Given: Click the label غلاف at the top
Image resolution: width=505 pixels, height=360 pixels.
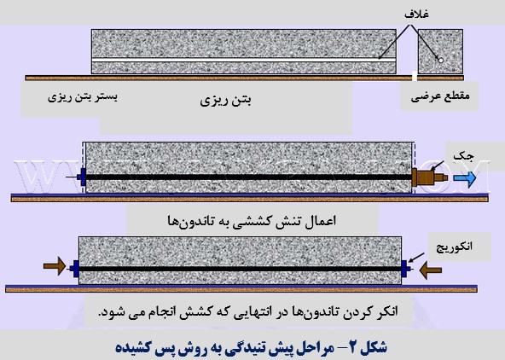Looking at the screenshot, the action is click(416, 15).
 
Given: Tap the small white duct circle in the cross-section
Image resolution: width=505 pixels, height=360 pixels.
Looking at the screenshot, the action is click(441, 60).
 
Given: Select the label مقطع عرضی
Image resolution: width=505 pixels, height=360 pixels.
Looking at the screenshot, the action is click(440, 96).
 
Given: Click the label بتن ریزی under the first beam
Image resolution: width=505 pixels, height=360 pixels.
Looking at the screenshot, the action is click(225, 102).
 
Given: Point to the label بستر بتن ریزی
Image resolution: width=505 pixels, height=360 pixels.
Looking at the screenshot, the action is click(83, 97).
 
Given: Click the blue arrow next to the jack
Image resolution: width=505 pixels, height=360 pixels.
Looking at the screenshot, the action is click(464, 178).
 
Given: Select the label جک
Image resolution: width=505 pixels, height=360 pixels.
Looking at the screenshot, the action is click(463, 157).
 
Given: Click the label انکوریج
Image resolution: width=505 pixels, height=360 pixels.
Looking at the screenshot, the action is click(454, 247).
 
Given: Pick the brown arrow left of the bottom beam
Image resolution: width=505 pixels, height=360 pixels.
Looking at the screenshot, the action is click(55, 266).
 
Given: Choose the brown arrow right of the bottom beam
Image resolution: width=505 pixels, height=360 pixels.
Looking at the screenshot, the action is click(431, 270).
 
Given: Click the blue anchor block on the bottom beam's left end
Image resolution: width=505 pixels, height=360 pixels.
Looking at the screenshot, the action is click(76, 269).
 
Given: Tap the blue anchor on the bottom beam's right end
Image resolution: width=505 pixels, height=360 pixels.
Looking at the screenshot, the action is click(404, 268).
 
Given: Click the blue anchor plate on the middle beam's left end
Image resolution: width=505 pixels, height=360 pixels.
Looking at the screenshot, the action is click(83, 177).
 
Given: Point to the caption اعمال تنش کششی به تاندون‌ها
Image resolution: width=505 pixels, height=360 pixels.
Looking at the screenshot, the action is click(252, 221).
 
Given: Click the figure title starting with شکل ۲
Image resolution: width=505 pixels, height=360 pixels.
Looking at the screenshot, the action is click(251, 347).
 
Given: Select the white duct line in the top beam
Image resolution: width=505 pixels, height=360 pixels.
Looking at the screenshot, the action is click(244, 61).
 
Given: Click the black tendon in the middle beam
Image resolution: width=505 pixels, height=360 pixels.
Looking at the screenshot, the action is click(248, 177).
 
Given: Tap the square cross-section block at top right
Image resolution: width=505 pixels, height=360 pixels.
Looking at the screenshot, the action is click(440, 51).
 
